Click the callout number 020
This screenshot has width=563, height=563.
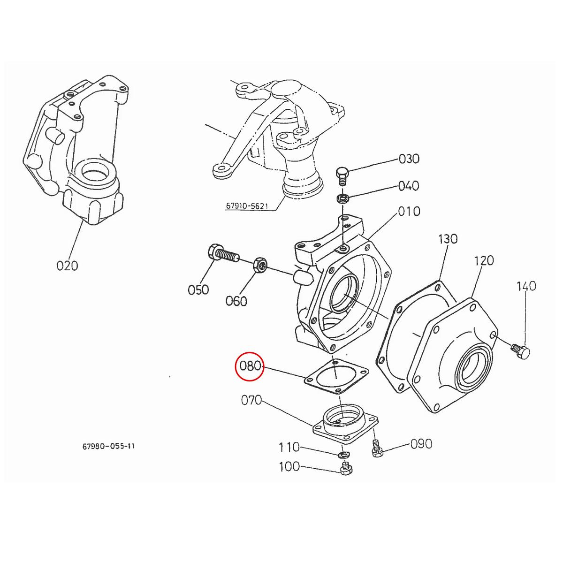(67, 266)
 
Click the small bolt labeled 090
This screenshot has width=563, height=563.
(376, 448)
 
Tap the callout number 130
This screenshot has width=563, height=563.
(447, 239)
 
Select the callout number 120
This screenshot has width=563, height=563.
(484, 260)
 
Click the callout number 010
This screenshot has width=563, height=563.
(409, 212)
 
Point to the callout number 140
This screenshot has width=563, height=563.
(526, 286)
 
